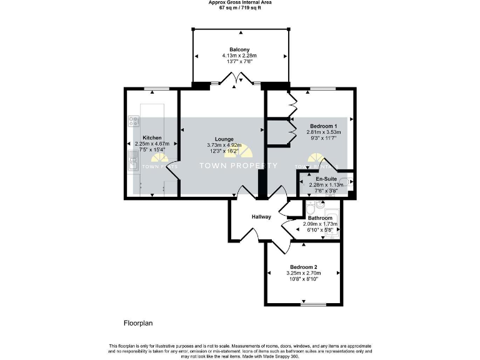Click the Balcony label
(240, 49)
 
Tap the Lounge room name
(224, 139)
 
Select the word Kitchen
(152, 137)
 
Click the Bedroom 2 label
(303, 267)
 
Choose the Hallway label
(261, 217)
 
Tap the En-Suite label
(322, 178)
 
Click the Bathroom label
(319, 218)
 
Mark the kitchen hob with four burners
(133, 121)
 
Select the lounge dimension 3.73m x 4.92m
(224, 146)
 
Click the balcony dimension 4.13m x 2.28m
(240, 56)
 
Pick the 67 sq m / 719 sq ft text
(240, 9)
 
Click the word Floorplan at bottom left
(138, 323)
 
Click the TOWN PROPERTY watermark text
(238, 166)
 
